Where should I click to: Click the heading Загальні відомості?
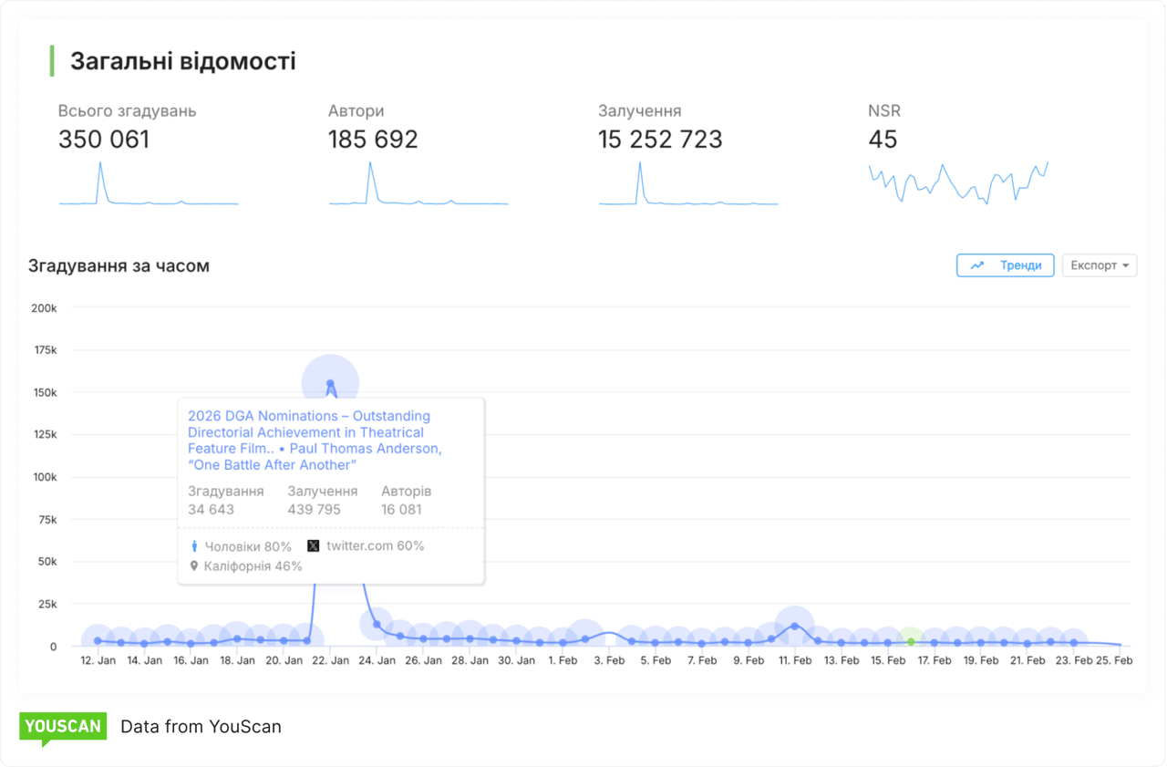tap(182, 61)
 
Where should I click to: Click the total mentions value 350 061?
tap(104, 140)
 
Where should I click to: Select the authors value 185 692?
tap(373, 140)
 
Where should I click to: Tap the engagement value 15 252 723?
tap(660, 140)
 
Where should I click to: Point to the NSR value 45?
tap(883, 140)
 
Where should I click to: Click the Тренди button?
tap(1006, 265)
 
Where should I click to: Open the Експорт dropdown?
tap(1100, 265)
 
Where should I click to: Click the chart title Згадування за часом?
tap(119, 266)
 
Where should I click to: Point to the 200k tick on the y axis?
tap(44, 308)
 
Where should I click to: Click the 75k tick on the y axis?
tap(46, 520)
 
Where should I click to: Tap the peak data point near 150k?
tap(330, 383)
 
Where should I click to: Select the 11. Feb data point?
tap(795, 626)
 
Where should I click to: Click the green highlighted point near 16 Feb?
tap(911, 641)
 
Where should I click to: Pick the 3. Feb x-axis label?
tap(609, 660)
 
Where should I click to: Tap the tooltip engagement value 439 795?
tap(314, 509)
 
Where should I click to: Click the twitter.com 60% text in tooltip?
tap(375, 545)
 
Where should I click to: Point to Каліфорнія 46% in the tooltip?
tap(253, 565)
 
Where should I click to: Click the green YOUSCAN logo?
tap(63, 727)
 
